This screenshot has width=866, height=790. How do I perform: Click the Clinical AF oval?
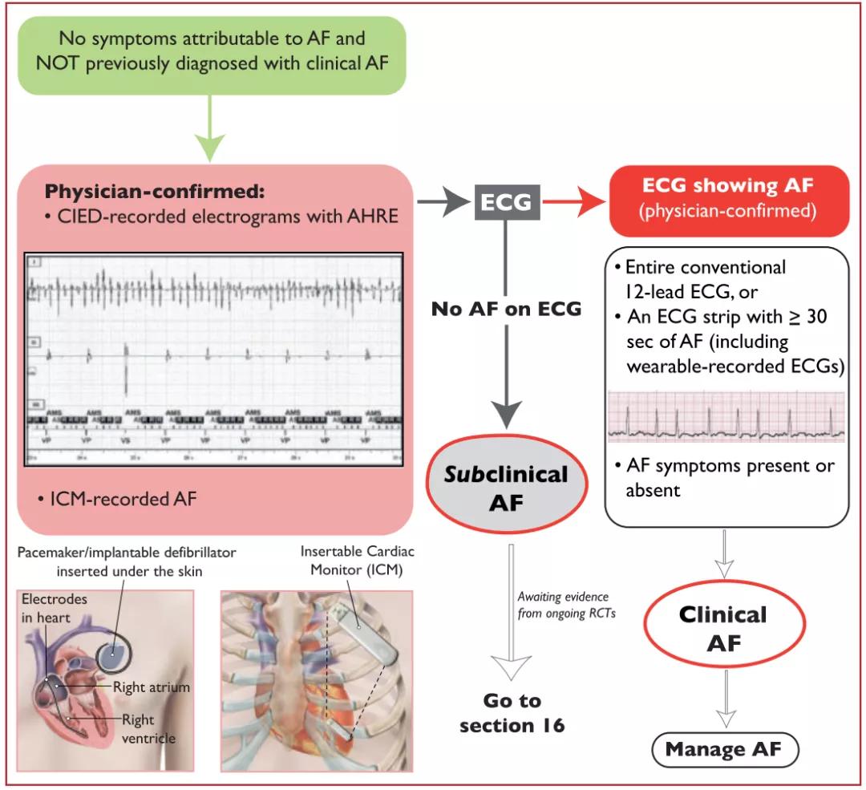(722, 628)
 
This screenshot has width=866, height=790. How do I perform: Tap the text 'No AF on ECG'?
(505, 309)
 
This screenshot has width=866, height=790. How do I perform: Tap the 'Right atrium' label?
(152, 687)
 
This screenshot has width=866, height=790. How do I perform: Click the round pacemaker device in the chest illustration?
(112, 657)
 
